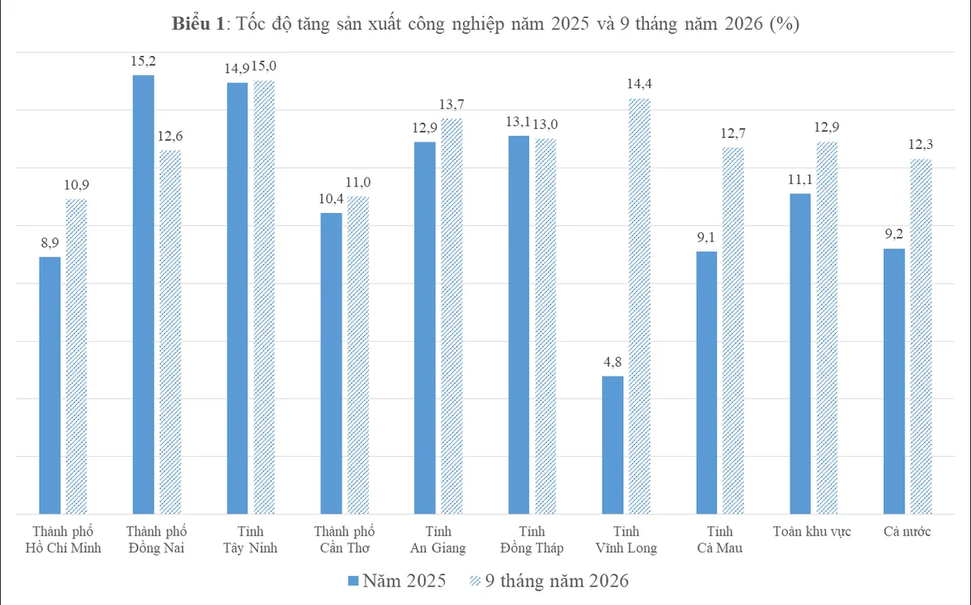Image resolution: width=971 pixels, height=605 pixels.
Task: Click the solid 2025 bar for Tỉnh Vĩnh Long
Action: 613,445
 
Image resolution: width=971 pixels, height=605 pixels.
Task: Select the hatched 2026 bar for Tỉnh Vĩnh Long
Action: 639,306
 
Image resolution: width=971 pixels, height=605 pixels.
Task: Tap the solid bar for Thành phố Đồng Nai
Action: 143,295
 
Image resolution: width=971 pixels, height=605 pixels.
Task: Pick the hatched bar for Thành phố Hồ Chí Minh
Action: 76,356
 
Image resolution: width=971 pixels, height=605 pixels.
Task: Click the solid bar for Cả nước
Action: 894,381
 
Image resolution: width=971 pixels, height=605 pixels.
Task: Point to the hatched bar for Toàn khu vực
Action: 827,328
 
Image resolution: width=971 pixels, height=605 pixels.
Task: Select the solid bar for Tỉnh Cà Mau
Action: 706,383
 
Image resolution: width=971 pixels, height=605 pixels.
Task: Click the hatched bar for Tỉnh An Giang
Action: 452,317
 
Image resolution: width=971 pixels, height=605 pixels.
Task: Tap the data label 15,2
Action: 143,62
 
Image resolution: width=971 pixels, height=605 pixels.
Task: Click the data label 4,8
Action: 613,362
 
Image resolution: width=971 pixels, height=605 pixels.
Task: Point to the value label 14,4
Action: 639,83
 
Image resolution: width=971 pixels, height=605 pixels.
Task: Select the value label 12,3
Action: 921,144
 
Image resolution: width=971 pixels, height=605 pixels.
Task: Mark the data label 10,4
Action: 331,199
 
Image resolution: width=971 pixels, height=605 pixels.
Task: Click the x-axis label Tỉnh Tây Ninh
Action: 250,539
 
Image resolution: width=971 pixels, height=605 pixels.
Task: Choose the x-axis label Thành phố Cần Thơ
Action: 344,539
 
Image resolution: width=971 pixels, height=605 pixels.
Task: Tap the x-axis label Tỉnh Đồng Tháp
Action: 532,539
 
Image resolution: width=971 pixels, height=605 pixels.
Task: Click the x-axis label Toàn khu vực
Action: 812,531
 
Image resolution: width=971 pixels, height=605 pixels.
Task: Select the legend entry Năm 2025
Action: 397,581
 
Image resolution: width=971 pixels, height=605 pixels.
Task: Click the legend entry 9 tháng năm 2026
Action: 549,582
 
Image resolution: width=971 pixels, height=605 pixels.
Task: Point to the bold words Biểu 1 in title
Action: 198,23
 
